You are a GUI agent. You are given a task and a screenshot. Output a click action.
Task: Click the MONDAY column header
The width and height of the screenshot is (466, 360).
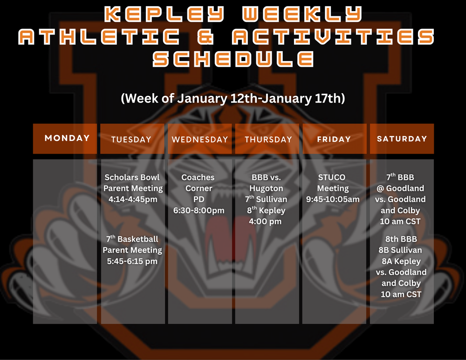tap(67, 138)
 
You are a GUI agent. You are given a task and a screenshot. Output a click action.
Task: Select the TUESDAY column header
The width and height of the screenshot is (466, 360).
tap(131, 139)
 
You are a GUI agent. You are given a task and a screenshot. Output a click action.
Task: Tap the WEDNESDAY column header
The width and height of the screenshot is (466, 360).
tap(200, 139)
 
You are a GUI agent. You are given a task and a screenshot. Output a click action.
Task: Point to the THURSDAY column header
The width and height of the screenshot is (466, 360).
tap(268, 139)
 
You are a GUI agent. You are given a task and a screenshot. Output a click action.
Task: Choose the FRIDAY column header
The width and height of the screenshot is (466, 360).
tap(334, 139)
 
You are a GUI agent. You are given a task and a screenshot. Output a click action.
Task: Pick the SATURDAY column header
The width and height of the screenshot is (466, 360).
tap(402, 139)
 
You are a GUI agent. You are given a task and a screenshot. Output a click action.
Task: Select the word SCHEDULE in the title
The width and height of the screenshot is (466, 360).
tap(233, 59)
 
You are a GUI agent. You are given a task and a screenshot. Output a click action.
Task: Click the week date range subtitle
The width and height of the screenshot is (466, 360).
tap(233, 99)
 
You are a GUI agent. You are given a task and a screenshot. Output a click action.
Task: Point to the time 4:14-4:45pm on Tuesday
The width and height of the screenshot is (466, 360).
tap(133, 199)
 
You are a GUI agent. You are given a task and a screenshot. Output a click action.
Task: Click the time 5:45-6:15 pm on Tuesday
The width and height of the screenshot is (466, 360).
tap(132, 261)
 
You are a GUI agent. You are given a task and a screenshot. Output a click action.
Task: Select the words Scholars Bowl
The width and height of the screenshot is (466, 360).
tap(132, 177)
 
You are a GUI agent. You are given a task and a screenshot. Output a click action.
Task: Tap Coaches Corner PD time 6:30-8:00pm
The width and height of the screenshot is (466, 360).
tap(199, 211)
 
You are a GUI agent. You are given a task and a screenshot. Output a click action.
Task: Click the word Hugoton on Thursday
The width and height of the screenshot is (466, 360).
tap(266, 188)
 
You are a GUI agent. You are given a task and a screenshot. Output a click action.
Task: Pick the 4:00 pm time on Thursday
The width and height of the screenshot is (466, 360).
tap(266, 221)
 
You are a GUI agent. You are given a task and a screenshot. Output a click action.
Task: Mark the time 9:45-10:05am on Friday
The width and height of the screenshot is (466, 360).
tap(333, 199)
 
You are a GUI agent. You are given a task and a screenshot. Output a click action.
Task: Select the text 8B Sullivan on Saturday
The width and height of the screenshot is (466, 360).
tap(400, 250)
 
